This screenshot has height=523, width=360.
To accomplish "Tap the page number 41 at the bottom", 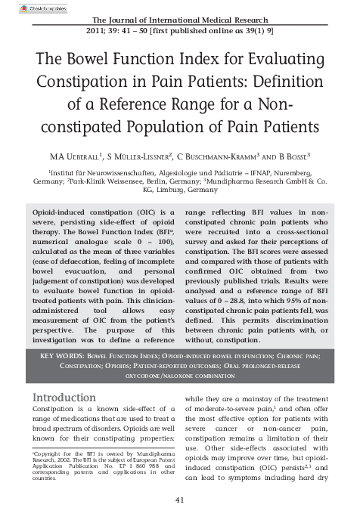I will tap(180, 500).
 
